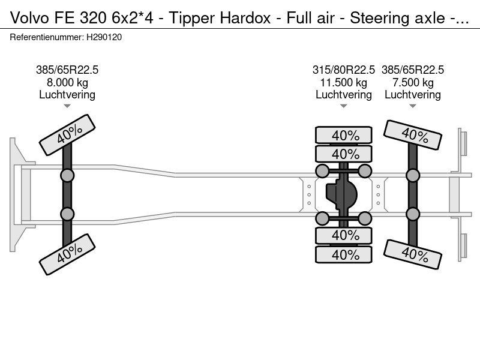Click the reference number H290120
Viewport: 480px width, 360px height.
[x=104, y=37]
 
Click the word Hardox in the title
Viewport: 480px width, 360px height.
[x=245, y=18]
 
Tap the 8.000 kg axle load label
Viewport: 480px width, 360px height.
[x=67, y=83]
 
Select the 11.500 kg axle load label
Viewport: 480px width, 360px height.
[x=343, y=83]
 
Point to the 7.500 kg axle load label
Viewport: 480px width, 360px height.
[x=413, y=83]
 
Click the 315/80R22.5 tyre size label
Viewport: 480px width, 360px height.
[x=343, y=70]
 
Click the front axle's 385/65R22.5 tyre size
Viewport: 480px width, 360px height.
[x=67, y=70]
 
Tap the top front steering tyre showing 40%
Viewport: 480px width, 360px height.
[x=67, y=134]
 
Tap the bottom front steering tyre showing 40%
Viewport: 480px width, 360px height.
[x=67, y=254]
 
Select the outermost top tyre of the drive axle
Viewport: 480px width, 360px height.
[x=343, y=135]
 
